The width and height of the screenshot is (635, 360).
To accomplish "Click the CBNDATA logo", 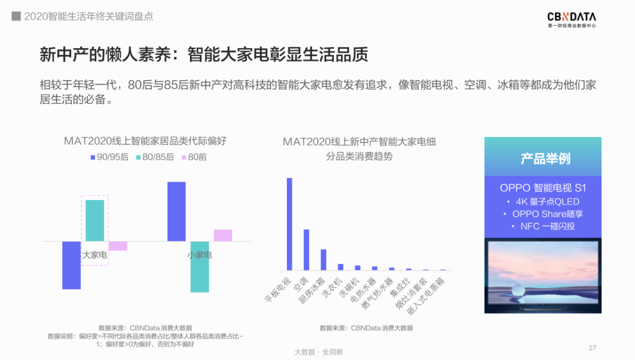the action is (571, 19).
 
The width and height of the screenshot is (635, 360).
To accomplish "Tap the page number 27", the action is (593, 348).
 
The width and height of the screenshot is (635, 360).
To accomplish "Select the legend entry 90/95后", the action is (109, 157).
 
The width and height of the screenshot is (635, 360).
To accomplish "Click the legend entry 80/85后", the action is (155, 157).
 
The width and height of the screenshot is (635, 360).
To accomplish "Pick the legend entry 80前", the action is (194, 157).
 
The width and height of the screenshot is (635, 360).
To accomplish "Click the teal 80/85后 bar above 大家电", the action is (95, 221).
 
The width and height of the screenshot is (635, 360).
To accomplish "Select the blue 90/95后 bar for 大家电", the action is (71, 265).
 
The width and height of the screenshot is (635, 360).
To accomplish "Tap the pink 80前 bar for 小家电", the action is (223, 235).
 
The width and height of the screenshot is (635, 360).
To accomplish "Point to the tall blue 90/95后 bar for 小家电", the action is (176, 211).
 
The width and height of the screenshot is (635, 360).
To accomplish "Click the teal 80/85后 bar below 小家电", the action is (200, 267).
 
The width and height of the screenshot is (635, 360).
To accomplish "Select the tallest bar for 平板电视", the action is (289, 224).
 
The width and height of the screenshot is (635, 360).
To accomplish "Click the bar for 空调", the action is (306, 250).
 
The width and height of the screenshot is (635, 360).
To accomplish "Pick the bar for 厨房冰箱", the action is (323, 259).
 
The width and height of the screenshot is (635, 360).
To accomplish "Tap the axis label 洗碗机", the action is (349, 288).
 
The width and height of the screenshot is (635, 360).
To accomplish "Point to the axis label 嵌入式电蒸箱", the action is (426, 296).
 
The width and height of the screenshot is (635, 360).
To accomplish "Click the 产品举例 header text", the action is (545, 158).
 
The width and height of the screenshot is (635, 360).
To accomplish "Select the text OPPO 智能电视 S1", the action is (543, 188).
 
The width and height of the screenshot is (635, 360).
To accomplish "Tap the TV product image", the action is (543, 275).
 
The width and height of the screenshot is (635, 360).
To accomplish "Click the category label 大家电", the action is (95, 255).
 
